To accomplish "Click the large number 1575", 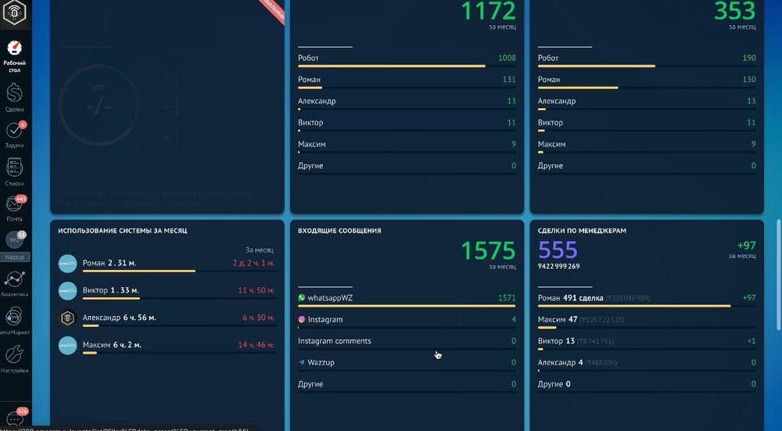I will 488,250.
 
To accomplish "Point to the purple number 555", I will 558,250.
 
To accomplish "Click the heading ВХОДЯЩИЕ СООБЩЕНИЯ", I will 339,232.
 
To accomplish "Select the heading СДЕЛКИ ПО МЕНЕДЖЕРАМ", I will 582,232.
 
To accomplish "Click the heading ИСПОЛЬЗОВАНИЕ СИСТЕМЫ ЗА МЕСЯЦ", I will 123,232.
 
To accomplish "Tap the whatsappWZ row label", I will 331,298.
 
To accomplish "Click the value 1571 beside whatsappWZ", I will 507,298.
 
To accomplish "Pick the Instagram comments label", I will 335,341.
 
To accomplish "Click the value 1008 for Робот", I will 507,59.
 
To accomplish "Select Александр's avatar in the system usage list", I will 68,318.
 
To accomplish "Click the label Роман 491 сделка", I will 568,298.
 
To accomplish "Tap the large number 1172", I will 488,11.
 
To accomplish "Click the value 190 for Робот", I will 748,59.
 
